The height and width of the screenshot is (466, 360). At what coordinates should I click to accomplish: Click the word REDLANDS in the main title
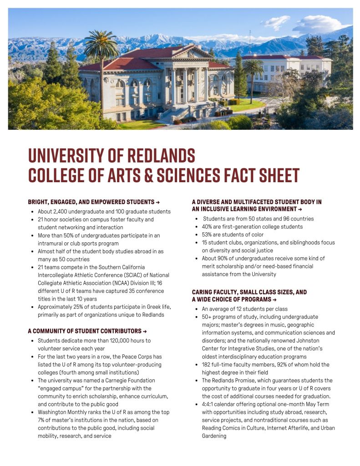(160, 156)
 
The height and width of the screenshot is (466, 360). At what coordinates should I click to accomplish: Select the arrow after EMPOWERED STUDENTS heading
(157, 202)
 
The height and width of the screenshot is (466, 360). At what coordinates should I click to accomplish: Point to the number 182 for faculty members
(207, 364)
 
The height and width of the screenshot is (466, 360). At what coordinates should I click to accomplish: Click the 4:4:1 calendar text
(209, 404)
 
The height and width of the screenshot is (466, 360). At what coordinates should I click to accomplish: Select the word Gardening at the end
(214, 436)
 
